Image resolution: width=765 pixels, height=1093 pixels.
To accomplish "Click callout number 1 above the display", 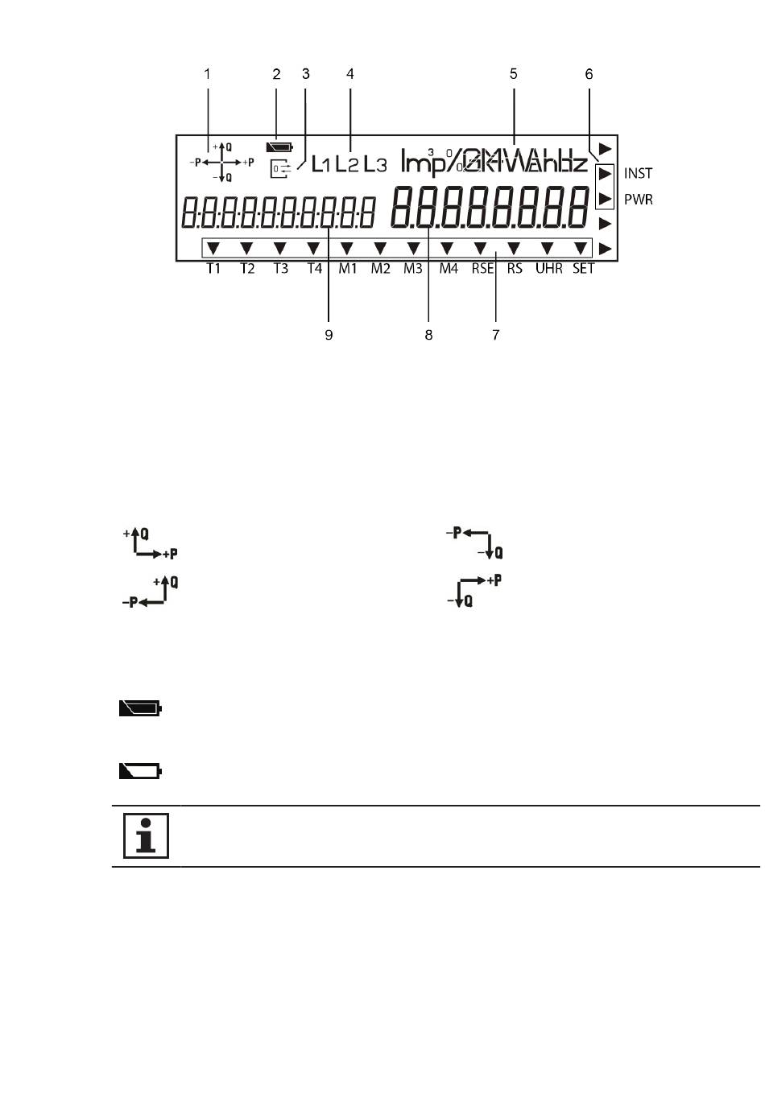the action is tap(207, 74).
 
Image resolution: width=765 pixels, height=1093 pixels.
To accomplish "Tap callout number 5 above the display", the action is tap(513, 74).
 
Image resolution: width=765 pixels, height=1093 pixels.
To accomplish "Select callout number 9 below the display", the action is tap(329, 335).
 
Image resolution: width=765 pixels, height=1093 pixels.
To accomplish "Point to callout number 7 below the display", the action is tap(496, 335).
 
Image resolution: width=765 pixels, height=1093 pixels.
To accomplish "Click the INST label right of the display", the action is tap(638, 173).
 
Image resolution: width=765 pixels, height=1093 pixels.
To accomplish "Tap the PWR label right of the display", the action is tap(639, 199).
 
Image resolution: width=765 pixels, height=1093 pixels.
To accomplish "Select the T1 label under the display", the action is tap(213, 269).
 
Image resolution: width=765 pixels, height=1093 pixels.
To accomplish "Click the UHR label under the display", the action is tap(549, 269).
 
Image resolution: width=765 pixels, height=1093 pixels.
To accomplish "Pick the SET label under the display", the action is tap(583, 269).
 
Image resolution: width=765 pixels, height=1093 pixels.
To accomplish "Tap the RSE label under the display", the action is tap(482, 269).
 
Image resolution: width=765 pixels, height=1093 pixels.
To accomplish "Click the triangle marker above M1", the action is tap(347, 248).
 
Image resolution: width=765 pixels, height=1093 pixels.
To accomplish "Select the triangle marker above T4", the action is tap(313, 248).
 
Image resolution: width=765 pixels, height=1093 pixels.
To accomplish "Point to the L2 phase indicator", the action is tap(347, 165).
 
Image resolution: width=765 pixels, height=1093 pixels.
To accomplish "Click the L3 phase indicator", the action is tap(374, 165).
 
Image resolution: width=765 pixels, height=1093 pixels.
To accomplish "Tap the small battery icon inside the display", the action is tap(279, 147).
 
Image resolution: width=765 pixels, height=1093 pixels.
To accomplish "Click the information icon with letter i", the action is tap(146, 835).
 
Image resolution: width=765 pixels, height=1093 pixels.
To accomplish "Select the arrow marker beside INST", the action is tap(604, 173).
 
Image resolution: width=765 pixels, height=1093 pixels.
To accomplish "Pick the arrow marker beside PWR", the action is tap(604, 198).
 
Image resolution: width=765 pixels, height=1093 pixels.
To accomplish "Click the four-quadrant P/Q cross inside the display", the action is tap(222, 162).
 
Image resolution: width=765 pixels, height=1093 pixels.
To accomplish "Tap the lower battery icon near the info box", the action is tap(140, 771).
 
